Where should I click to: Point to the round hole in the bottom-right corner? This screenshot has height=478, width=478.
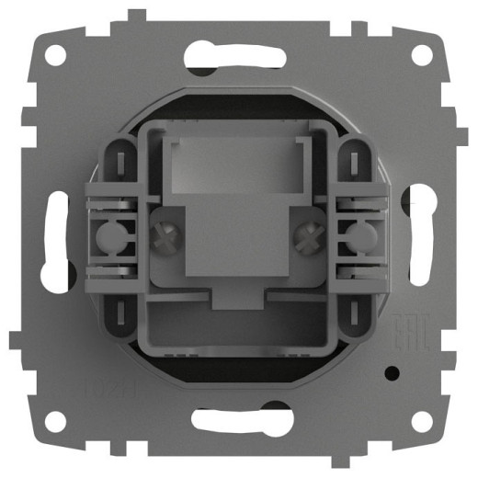[422, 421]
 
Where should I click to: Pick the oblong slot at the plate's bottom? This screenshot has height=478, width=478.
[238, 422]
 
